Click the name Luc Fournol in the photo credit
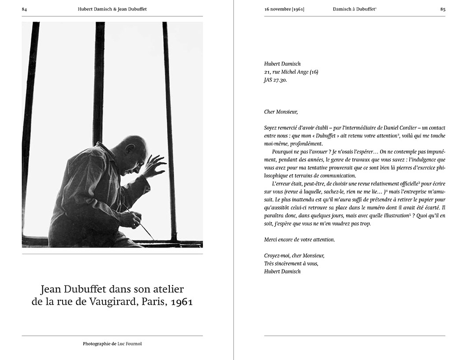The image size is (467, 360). [x=130, y=344]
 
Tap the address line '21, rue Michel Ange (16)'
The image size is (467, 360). [x=291, y=72]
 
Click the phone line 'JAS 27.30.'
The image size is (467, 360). [x=276, y=81]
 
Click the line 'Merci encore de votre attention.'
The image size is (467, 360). [x=299, y=240]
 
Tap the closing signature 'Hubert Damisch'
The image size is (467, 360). [x=282, y=271]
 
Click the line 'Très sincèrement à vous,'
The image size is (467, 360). [x=291, y=263]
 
